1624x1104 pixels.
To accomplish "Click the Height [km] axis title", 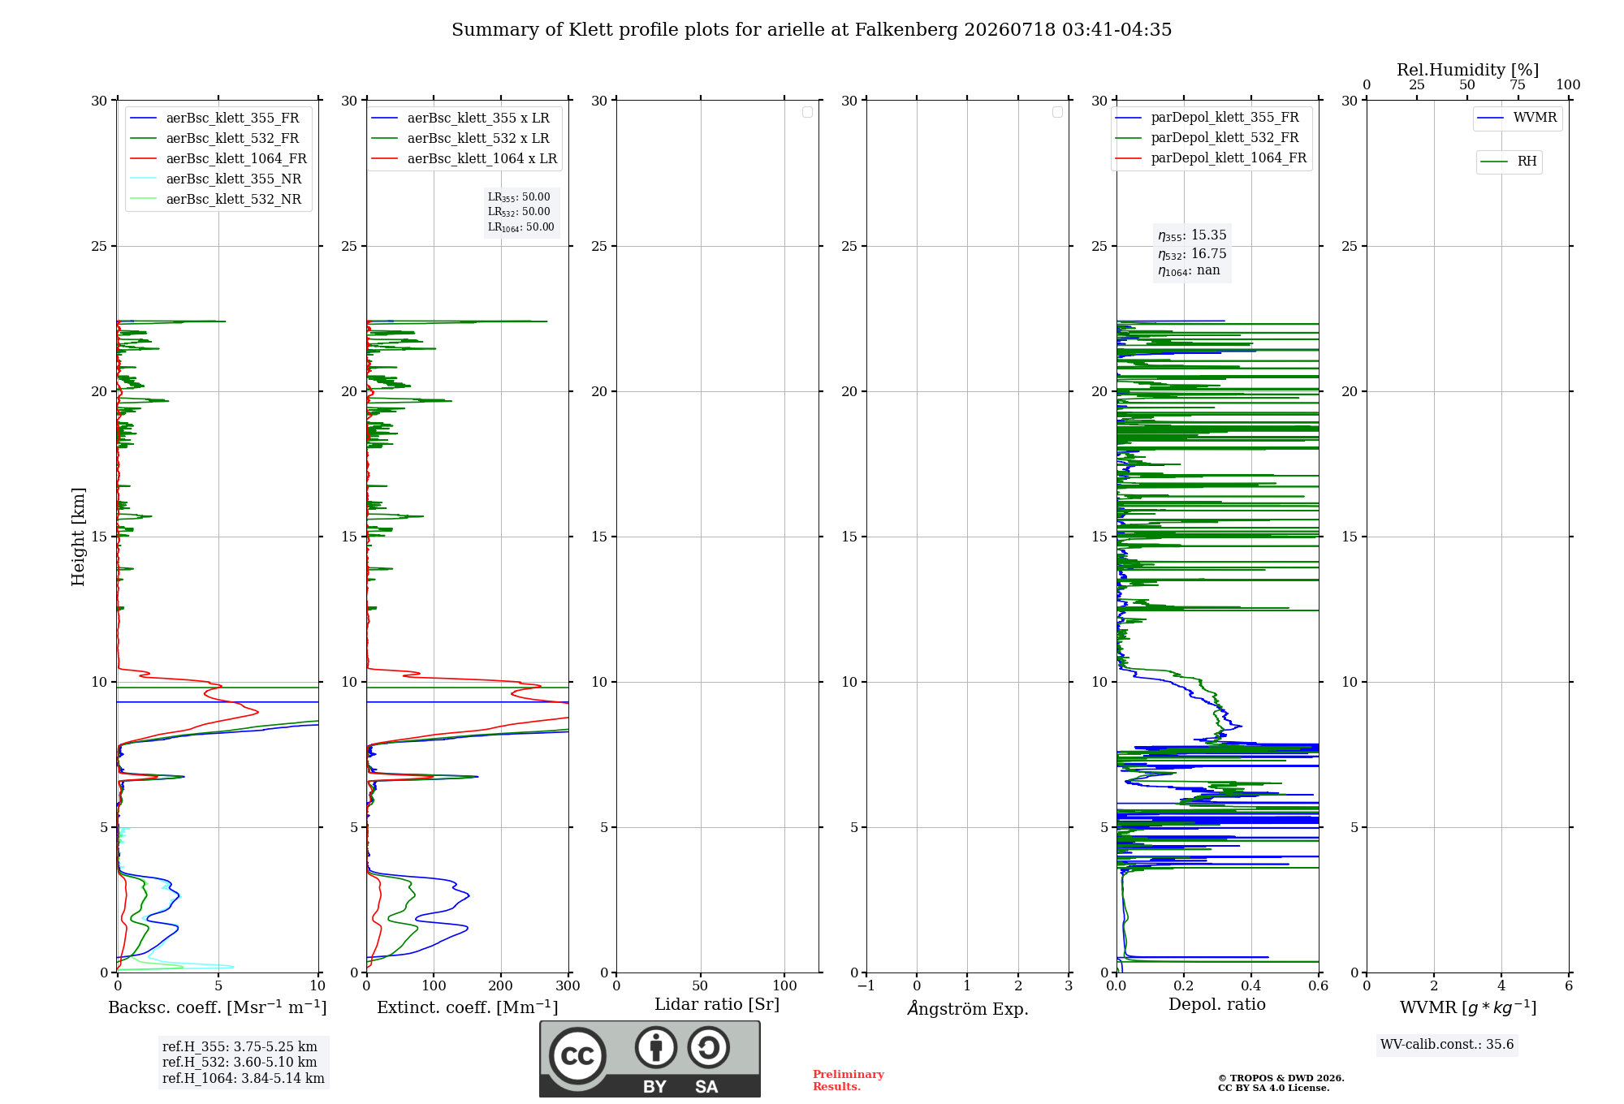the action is tap(78, 537).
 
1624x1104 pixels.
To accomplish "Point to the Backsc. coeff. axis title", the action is tap(218, 1007).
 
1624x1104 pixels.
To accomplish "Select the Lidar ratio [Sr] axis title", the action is tap(717, 1005).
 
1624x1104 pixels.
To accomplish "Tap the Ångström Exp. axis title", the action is tap(968, 1007).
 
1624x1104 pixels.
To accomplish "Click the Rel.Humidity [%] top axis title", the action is tap(1468, 70).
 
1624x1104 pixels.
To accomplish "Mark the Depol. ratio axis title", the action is tap(1217, 1004).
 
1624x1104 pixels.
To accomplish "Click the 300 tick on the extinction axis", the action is tap(568, 986).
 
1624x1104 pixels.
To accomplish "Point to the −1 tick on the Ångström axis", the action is tap(866, 986).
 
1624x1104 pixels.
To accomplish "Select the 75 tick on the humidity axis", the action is tap(1518, 84).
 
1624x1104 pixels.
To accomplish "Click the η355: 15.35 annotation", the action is tap(1192, 235).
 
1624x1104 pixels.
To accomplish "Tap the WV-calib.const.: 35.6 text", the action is tap(1447, 1045).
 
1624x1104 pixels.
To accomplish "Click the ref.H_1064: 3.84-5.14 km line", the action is tap(244, 1079).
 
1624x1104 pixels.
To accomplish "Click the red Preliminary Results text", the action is tap(849, 1080).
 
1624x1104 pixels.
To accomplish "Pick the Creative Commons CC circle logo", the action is tap(577, 1056).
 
